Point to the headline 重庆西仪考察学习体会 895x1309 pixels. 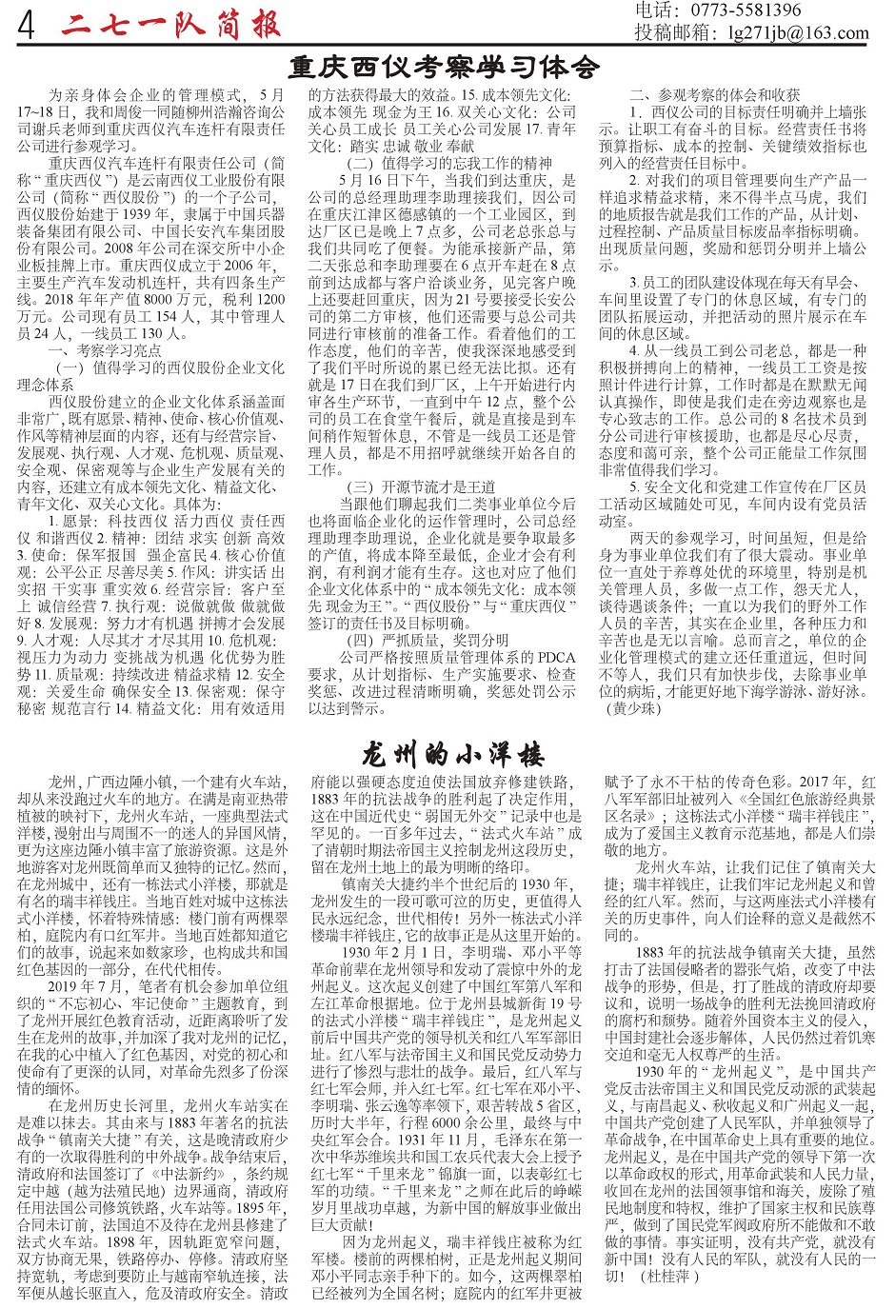click(445, 68)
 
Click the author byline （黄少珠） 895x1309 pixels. click(631, 708)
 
